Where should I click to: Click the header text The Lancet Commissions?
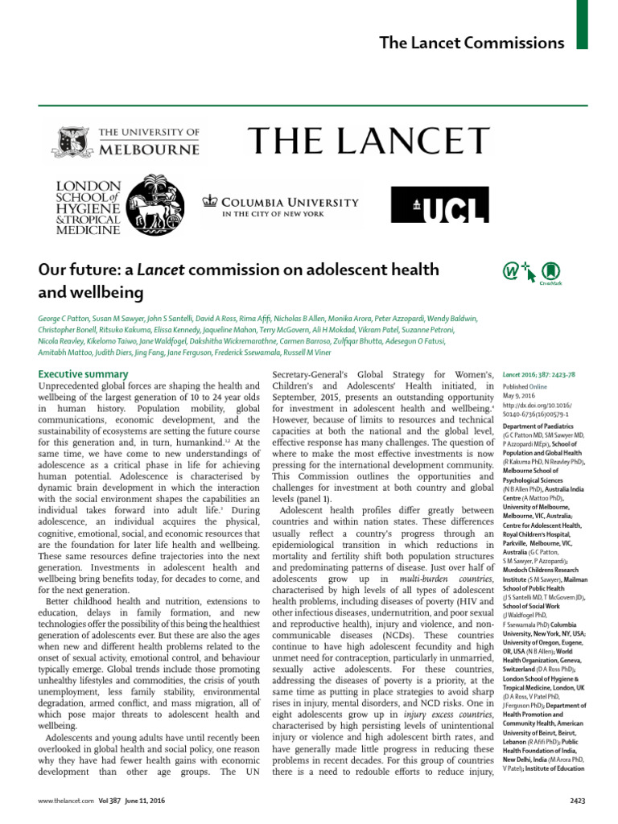click(x=472, y=43)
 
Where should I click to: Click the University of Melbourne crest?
click(x=71, y=141)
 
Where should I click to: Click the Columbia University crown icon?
click(x=210, y=201)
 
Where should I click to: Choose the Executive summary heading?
click(x=84, y=374)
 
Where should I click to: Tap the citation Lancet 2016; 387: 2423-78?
click(x=538, y=375)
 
